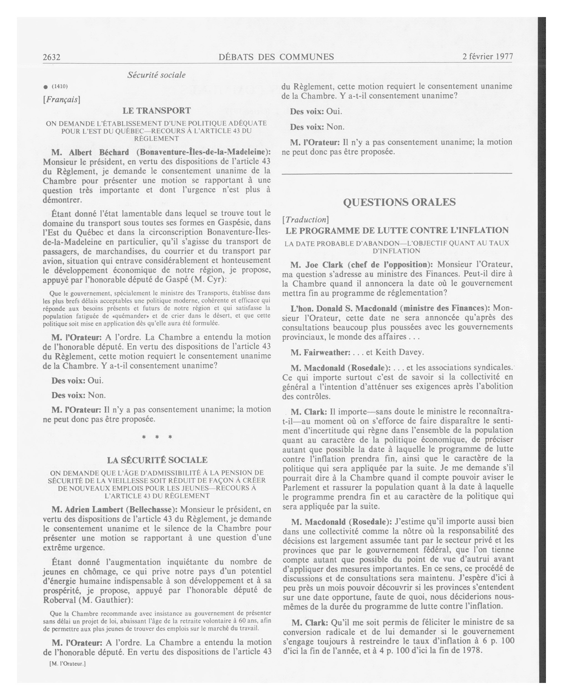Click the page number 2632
pos(52,57)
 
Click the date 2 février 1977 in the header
pos(487,56)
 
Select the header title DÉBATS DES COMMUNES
pos(276,57)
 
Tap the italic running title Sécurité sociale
pos(157,75)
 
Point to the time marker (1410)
pos(59,86)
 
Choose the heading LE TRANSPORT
pos(157,111)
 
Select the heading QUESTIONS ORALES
pos(399,202)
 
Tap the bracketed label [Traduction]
pos(305,220)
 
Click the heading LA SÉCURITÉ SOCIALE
pos(157,460)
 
